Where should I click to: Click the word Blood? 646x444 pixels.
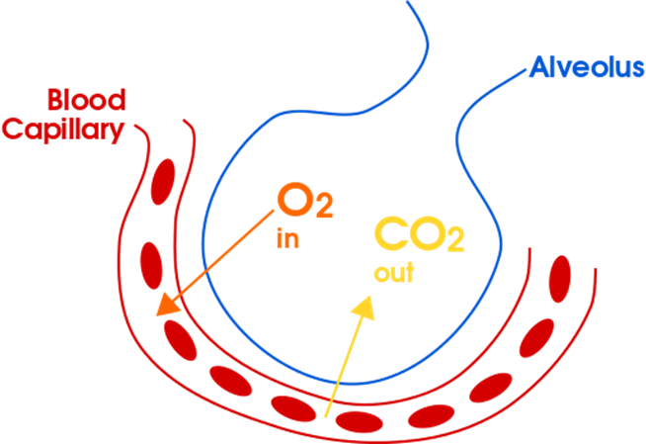click(x=86, y=100)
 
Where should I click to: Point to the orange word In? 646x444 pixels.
click(x=287, y=240)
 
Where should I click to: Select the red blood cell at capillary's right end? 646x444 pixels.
click(x=560, y=279)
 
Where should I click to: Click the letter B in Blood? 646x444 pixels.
click(x=55, y=100)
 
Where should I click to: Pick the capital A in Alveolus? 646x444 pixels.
click(x=538, y=68)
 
